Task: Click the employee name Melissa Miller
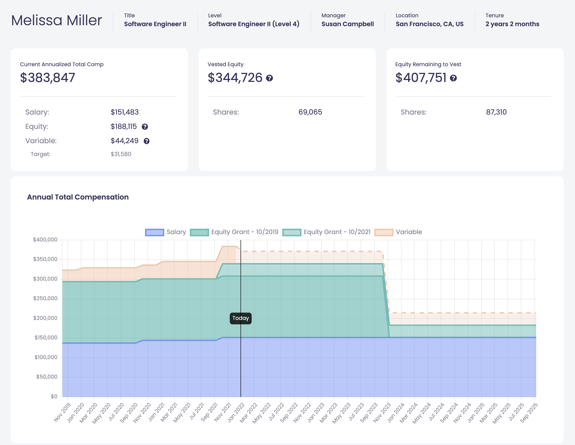tap(56, 20)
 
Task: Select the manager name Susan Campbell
tap(347, 24)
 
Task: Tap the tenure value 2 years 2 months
tap(512, 24)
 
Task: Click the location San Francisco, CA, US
tap(429, 24)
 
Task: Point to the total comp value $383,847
tap(48, 78)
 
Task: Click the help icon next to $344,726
tap(269, 78)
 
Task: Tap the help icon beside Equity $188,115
tap(145, 127)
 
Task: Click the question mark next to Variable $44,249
tap(146, 141)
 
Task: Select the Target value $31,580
tap(121, 154)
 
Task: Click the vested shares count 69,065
tap(310, 112)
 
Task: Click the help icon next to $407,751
tap(453, 78)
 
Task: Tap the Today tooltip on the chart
tap(240, 318)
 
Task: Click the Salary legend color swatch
tap(155, 232)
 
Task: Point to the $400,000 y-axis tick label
tap(45, 240)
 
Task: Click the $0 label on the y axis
tap(54, 396)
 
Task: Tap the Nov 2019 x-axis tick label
tap(62, 412)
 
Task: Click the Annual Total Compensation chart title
tap(78, 197)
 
